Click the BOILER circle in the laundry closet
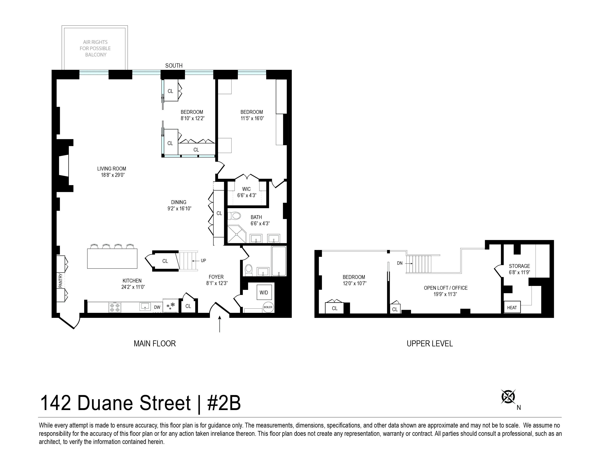click(268, 307)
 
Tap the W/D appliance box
click(264, 293)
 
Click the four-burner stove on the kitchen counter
click(115, 307)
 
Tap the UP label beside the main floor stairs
click(203, 260)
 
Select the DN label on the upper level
click(400, 263)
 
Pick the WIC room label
click(246, 189)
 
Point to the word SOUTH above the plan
click(174, 66)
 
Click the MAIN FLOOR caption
click(155, 344)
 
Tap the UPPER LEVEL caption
click(430, 344)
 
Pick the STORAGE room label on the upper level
click(519, 266)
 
